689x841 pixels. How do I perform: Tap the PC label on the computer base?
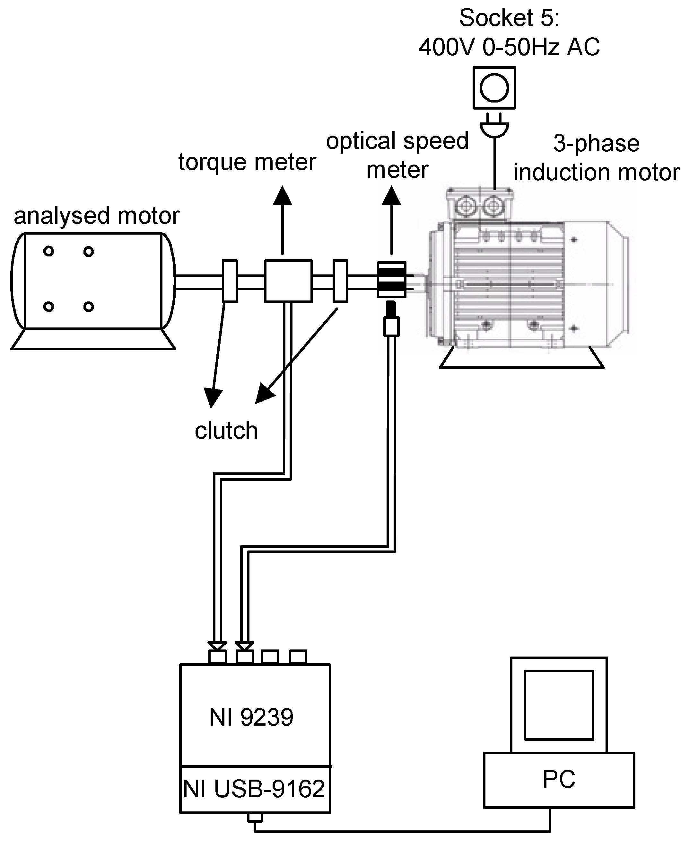tap(558, 779)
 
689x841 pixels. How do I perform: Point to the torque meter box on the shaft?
tap(288, 281)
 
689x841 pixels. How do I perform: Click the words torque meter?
tap(247, 162)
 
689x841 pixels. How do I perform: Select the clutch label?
tap(226, 431)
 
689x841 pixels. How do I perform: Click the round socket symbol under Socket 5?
tap(494, 88)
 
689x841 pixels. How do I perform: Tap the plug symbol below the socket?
tap(494, 127)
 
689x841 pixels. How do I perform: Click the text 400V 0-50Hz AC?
tap(509, 47)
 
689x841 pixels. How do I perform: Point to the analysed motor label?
tap(96, 216)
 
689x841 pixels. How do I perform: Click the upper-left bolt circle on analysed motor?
tap(49, 251)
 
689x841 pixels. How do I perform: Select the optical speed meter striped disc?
tap(391, 280)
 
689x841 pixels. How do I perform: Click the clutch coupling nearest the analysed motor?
tap(230, 281)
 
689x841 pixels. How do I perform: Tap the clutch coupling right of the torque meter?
tap(340, 281)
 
